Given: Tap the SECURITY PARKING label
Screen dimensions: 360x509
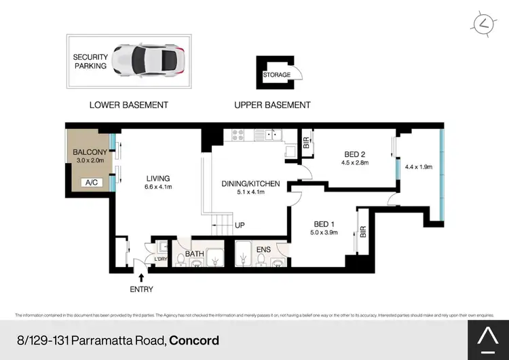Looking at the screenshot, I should [90, 62].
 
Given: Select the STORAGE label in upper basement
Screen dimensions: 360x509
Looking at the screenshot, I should [276, 75].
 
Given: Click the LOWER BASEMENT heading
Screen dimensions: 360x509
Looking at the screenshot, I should [129, 105].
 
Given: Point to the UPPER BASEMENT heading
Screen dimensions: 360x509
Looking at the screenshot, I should [272, 105].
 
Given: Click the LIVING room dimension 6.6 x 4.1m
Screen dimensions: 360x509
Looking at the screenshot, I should [157, 188].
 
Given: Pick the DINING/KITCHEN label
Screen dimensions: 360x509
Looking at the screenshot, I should [251, 183].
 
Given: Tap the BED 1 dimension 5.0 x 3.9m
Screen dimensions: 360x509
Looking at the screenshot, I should [323, 232].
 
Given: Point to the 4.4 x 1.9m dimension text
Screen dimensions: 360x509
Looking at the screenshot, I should [418, 166].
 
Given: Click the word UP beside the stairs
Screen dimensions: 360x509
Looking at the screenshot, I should [240, 225].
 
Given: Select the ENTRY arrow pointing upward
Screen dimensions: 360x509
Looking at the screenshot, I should [141, 276].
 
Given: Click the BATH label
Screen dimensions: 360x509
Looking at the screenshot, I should [195, 255].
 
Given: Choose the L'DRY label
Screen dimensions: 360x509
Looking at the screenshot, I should [161, 259].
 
